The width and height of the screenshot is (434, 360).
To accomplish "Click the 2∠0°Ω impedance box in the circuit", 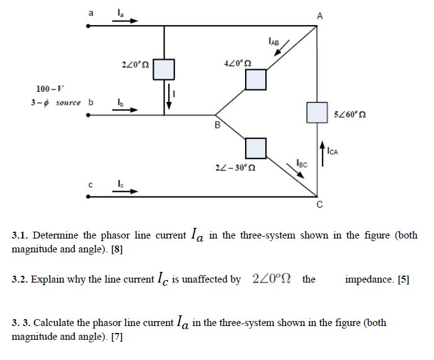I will [164, 68].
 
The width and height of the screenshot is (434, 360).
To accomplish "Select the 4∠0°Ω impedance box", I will [256, 79].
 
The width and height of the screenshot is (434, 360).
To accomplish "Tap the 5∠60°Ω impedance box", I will [317, 112].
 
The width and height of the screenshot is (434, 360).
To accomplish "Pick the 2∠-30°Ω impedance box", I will [256, 148].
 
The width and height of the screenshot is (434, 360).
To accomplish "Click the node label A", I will [319, 16].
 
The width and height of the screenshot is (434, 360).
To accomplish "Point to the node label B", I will [217, 125].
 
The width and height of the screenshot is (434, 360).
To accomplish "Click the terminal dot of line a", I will [89, 26].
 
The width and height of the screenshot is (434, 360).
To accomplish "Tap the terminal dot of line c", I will [89, 197].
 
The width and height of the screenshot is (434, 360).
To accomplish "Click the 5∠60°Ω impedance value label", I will [352, 115].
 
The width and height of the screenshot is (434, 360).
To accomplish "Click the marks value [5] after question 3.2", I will [403, 279].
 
